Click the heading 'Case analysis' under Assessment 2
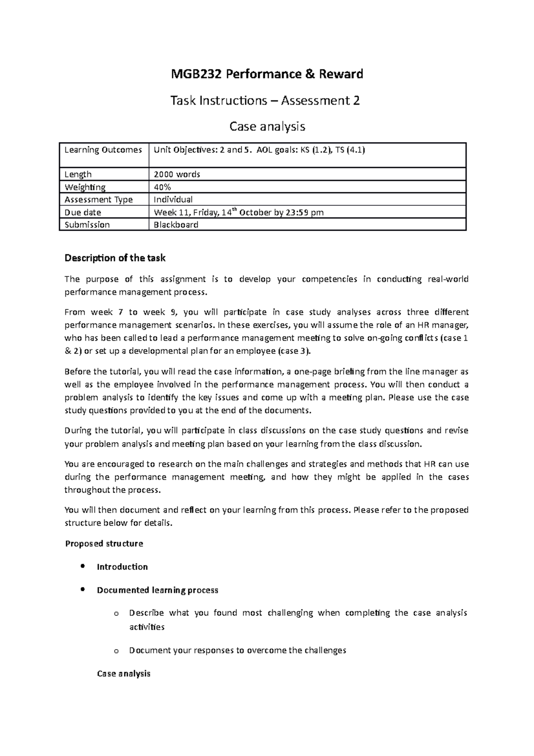pyautogui.click(x=267, y=127)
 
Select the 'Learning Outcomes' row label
pyautogui.click(x=103, y=150)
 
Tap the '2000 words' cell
pyautogui.click(x=177, y=175)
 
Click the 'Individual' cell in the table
pyautogui.click(x=173, y=199)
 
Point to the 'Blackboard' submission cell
pyautogui.click(x=176, y=225)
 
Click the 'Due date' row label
pyautogui.click(x=83, y=212)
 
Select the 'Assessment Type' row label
pyautogui.click(x=98, y=199)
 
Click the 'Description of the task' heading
pyautogui.click(x=115, y=258)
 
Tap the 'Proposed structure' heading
pyautogui.click(x=104, y=544)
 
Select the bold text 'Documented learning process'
pyautogui.click(x=158, y=590)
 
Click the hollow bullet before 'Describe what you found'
pyautogui.click(x=117, y=614)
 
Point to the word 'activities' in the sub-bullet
pyautogui.click(x=146, y=627)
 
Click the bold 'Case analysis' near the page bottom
pyautogui.click(x=124, y=674)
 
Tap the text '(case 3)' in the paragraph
pyautogui.click(x=293, y=351)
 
